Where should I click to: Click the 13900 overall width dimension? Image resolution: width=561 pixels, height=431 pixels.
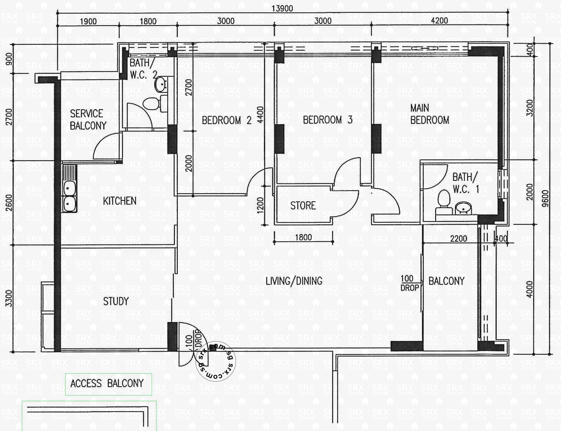pos(282,8)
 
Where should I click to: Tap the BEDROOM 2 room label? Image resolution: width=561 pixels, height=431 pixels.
pos(227,120)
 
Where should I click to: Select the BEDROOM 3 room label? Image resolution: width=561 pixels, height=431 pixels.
pos(328,120)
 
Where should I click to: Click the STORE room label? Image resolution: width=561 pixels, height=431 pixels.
pos(303,205)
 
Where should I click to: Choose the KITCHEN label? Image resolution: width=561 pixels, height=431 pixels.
pos(120,201)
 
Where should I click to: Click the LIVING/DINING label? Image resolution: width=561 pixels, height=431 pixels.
pos(294,281)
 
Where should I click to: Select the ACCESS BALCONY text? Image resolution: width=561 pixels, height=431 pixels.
pos(107,384)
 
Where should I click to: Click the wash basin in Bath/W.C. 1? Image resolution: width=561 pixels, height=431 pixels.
pos(463,208)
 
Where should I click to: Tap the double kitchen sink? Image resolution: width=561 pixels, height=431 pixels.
pos(69,196)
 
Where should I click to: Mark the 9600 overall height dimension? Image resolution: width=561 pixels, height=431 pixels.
pos(545,198)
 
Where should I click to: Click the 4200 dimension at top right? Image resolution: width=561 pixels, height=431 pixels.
pos(439,21)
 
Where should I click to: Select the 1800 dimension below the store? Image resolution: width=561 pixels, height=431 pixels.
pos(303,237)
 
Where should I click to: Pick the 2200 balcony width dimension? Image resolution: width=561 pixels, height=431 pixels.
pos(458,239)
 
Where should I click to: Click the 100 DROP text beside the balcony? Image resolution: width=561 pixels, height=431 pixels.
pos(409,283)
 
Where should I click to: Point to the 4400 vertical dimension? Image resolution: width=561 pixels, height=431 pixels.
pos(260,115)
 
